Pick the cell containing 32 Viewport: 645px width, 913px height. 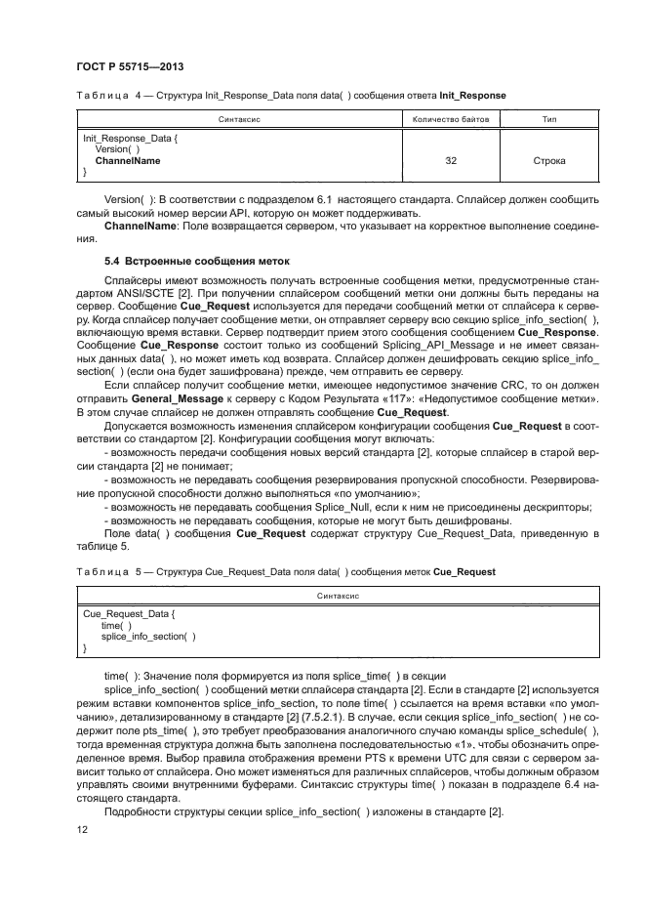(x=450, y=160)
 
